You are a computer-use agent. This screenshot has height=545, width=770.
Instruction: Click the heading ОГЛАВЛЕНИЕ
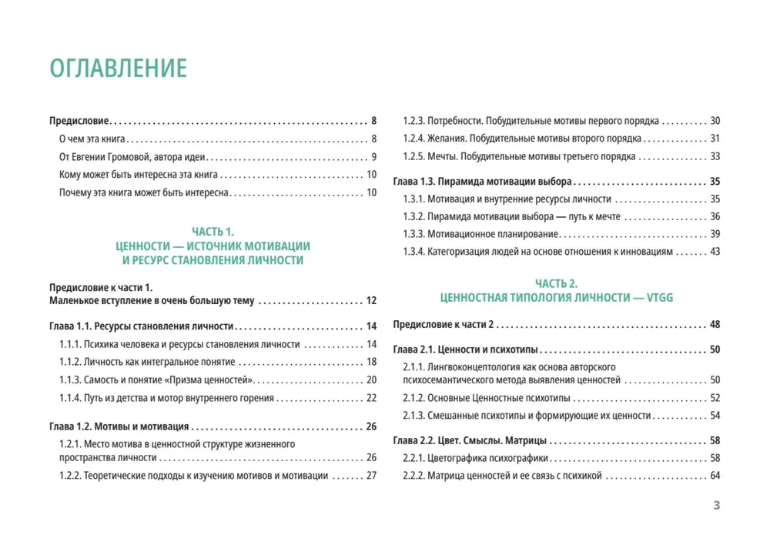[x=118, y=68]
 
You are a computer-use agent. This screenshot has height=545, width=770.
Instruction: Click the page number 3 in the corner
[x=716, y=506]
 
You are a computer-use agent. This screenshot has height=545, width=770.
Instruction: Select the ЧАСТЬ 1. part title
[x=212, y=231]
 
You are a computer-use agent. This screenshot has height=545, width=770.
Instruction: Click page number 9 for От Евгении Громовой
[x=373, y=157]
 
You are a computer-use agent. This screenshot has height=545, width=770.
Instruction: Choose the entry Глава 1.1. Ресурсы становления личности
[x=142, y=326]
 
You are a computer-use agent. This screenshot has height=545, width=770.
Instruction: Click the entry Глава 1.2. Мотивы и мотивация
[x=119, y=426]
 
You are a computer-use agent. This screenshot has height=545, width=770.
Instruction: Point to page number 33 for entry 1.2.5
[x=714, y=156]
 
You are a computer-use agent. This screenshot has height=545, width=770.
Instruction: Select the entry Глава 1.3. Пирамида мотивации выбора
[x=482, y=182]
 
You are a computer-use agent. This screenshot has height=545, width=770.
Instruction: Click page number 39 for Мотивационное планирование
[x=714, y=234]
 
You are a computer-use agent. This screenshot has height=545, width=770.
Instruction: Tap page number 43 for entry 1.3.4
[x=714, y=252]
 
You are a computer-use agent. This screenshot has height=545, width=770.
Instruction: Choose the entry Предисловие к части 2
[x=443, y=324]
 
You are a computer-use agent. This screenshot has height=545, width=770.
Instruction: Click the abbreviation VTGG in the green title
[x=659, y=297]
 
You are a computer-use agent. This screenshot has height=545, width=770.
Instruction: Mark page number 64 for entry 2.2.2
[x=714, y=476]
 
